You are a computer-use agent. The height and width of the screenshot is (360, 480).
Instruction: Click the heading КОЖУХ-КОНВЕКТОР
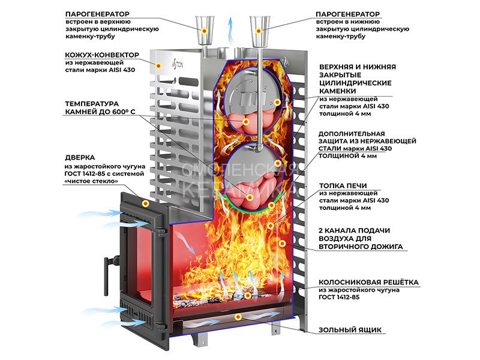pos(102,55)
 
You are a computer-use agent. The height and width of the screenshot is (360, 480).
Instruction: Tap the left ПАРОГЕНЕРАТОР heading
pos(97,14)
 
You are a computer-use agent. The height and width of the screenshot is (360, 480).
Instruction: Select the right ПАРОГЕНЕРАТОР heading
pos(347,14)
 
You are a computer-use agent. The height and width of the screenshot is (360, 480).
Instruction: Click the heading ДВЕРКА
pos(80,158)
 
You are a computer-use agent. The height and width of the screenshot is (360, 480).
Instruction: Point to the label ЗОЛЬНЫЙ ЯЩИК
pos(350,330)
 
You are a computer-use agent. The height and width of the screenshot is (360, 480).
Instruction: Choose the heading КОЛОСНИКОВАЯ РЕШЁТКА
pos(368,282)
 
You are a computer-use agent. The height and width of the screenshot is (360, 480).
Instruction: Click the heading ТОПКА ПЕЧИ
pos(343,186)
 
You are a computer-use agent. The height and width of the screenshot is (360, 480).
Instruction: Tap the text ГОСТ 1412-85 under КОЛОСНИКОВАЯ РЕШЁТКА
pos(339,297)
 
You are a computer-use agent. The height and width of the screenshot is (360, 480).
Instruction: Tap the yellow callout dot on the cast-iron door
pos(145,203)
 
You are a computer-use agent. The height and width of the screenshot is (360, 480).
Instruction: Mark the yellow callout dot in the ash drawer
pos(238,317)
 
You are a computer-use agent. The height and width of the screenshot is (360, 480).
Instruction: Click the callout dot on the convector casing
pos(158,65)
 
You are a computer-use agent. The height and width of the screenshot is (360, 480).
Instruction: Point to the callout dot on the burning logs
pos(247,295)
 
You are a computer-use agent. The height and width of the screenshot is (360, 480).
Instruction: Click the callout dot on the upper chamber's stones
pos(245,122)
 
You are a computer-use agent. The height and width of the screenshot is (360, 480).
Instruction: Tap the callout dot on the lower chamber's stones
pos(250,198)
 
